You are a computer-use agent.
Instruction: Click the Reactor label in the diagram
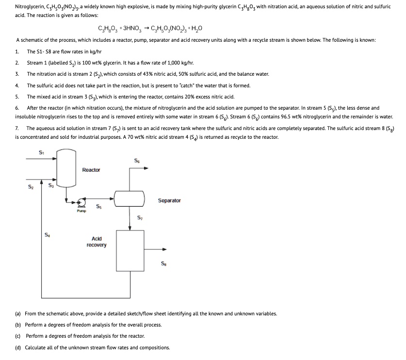pos(91,170)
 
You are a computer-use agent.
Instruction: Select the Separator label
pos(169,200)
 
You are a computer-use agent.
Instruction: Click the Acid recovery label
pos(96,242)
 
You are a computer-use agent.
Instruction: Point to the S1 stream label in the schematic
pos(41,153)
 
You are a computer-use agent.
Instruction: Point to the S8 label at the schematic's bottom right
pos(163,264)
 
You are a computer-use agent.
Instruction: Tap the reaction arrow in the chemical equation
pos(144,28)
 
